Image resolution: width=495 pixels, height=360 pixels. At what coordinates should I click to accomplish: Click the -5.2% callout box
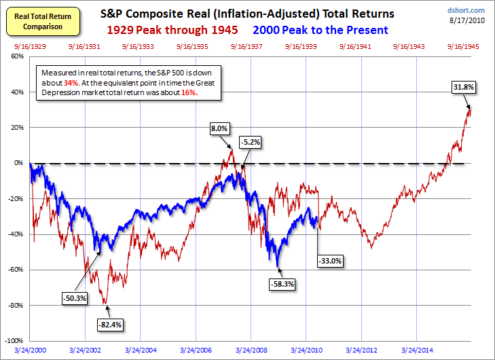(250, 142)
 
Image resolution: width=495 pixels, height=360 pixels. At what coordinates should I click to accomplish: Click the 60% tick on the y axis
(18, 56)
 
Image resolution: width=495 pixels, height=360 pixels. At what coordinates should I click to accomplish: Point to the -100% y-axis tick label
(14, 340)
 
